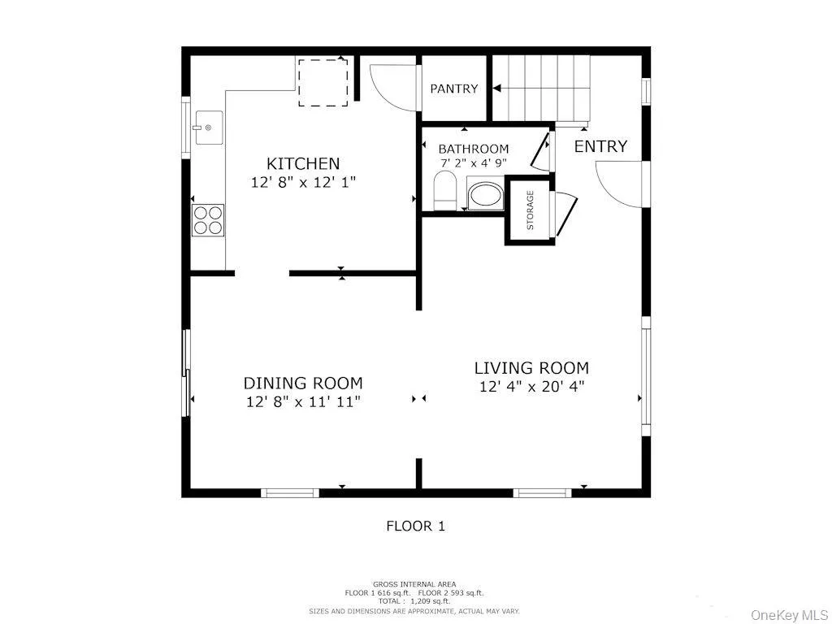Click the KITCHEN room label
click(x=303, y=163)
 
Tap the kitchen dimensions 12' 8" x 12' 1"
click(x=303, y=182)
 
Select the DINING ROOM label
click(x=303, y=383)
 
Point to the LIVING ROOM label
click(x=531, y=368)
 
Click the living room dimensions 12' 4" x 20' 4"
click(x=531, y=387)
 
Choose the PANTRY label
click(x=454, y=89)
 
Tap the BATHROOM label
click(x=474, y=149)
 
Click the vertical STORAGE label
click(x=531, y=210)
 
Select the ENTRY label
click(x=600, y=146)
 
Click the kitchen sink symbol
click(x=207, y=128)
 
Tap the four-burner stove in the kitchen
click(x=207, y=219)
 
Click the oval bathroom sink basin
click(x=486, y=196)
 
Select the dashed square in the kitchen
click(x=323, y=82)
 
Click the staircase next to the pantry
click(x=541, y=88)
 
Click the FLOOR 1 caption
click(x=415, y=526)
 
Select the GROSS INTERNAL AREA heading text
click(x=414, y=584)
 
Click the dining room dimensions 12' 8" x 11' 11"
click(x=303, y=401)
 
